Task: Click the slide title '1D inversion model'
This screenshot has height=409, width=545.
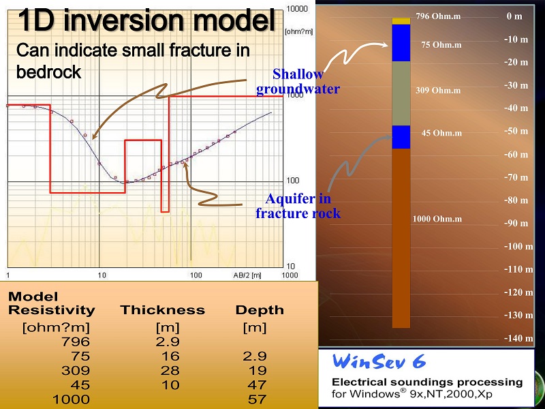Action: [x=146, y=20]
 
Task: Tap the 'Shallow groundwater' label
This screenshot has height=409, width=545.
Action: [x=298, y=82]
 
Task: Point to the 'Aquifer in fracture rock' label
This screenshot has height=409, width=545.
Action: [x=298, y=206]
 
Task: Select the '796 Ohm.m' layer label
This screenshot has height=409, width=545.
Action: [x=438, y=16]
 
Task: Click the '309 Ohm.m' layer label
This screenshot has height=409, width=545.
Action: [x=438, y=91]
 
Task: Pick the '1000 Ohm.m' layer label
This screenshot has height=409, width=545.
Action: [x=437, y=219]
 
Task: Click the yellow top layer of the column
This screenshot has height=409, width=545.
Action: [x=401, y=21]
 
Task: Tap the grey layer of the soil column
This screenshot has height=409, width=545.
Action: [x=401, y=93]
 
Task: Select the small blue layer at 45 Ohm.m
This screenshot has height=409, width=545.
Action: [x=401, y=137]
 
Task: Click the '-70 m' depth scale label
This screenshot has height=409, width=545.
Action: [x=516, y=177]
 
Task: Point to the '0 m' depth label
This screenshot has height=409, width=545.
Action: [x=514, y=16]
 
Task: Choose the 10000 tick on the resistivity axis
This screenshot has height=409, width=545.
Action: [x=297, y=9]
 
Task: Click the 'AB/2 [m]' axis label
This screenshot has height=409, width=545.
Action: [x=247, y=275]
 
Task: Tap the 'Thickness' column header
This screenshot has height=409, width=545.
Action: [x=163, y=310]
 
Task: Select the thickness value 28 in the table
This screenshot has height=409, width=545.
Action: [x=170, y=370]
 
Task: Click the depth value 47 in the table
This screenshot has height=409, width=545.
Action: [x=258, y=385]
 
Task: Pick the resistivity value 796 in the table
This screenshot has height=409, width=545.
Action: [x=76, y=342]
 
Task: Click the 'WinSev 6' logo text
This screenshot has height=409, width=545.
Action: [x=379, y=361]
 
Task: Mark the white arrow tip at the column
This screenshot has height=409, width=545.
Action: [x=388, y=44]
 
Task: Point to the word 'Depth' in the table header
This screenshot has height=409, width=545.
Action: [x=260, y=310]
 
